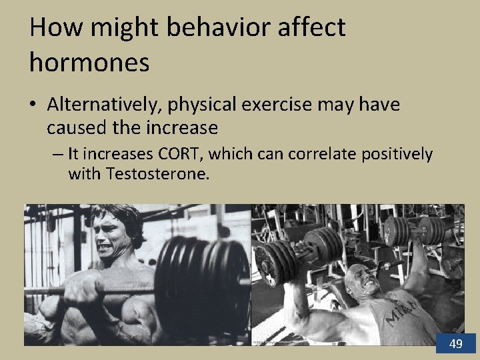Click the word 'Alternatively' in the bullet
pyautogui.click(x=105, y=105)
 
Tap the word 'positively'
pyautogui.click(x=397, y=155)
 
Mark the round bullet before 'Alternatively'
pyautogui.click(x=35, y=105)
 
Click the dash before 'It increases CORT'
pyautogui.click(x=59, y=155)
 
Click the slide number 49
pyautogui.click(x=456, y=344)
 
